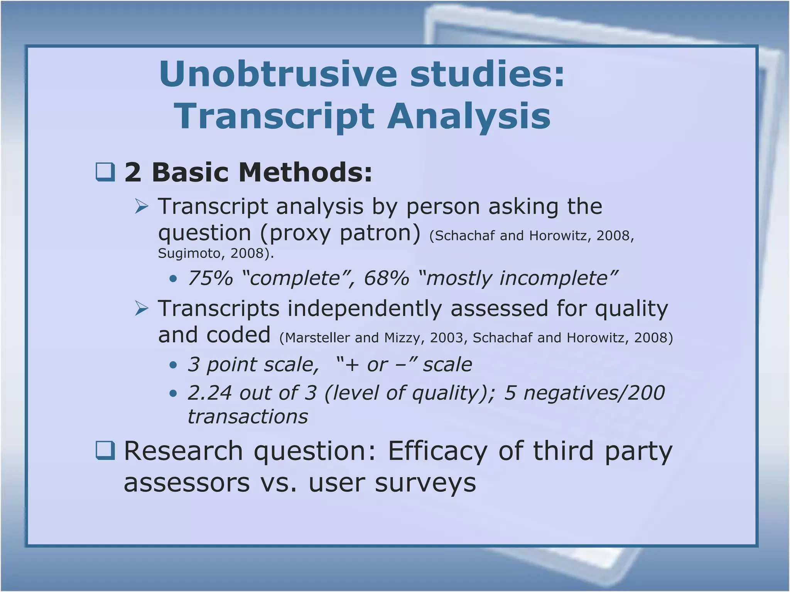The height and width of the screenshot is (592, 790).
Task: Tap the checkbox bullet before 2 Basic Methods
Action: pyautogui.click(x=105, y=172)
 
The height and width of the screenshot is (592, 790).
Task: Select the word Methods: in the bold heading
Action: pyautogui.click(x=305, y=172)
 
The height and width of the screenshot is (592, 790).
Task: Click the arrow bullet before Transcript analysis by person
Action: pyautogui.click(x=142, y=207)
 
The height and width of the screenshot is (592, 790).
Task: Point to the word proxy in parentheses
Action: pyautogui.click(x=297, y=233)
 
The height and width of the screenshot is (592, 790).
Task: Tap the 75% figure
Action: pyautogui.click(x=211, y=278)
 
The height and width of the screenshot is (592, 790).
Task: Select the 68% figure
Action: pyautogui.click(x=387, y=278)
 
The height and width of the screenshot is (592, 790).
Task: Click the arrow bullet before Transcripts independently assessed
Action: pyautogui.click(x=142, y=309)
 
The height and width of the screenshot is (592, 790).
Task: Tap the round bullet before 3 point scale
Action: pyautogui.click(x=173, y=365)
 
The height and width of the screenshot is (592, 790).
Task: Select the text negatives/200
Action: pyautogui.click(x=594, y=393)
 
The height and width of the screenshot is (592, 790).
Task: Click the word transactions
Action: pyautogui.click(x=248, y=417)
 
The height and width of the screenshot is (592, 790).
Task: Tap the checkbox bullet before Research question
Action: pyautogui.click(x=105, y=451)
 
